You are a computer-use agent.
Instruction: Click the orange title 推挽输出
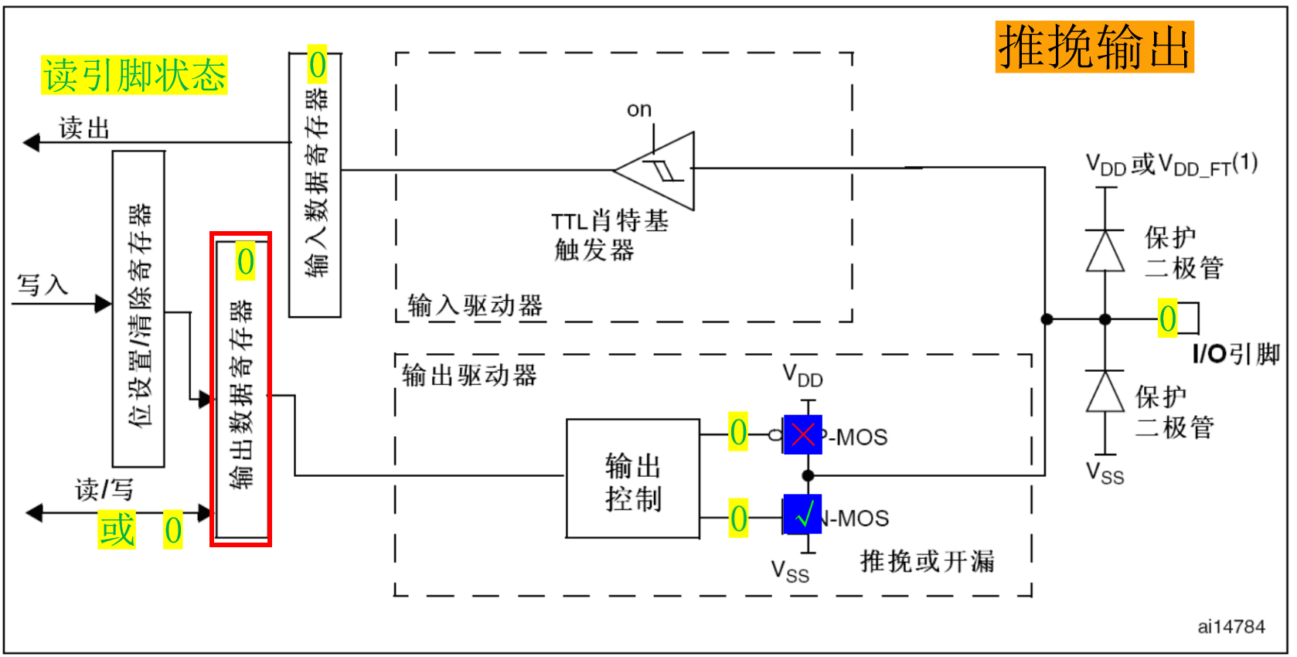coord(1094,47)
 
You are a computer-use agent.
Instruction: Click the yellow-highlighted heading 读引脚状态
coord(134,76)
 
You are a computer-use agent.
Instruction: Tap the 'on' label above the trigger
coord(639,110)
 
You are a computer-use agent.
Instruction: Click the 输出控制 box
coord(633,479)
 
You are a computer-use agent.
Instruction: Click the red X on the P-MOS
coord(803,434)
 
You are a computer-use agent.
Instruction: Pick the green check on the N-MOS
coord(803,515)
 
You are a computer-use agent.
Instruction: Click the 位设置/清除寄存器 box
coord(139,309)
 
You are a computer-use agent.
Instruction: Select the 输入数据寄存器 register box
coord(315,186)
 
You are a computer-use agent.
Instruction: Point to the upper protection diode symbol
coord(1105,250)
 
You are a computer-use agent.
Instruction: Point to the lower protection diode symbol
coord(1105,392)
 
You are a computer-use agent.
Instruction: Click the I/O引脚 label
coord(1235,354)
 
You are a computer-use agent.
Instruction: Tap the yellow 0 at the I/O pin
coord(1167,318)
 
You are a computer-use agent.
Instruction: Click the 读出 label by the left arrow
coord(84,128)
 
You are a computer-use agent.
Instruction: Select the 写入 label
coord(43,284)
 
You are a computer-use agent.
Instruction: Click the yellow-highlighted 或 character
coord(117,530)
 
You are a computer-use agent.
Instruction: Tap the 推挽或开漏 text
coord(927,561)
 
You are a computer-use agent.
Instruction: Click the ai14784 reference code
coord(1231,627)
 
